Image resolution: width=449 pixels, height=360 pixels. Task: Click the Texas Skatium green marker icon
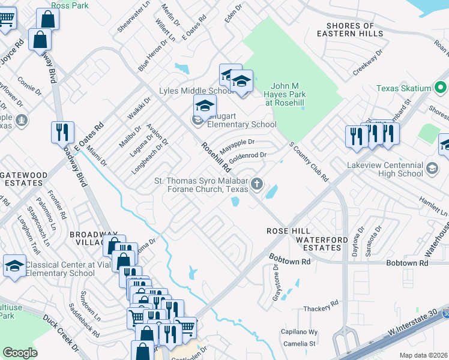pos(440,88)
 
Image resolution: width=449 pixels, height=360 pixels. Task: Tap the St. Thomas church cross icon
pos(257,184)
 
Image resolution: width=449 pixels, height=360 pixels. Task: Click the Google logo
pos(20,353)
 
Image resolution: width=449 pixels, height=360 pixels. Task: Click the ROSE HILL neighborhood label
pos(289,231)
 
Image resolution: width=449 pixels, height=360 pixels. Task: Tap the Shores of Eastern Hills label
pos(354,29)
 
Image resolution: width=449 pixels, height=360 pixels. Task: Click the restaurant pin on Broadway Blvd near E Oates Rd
pos(63,131)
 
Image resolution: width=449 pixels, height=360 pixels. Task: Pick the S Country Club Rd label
pos(309,161)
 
